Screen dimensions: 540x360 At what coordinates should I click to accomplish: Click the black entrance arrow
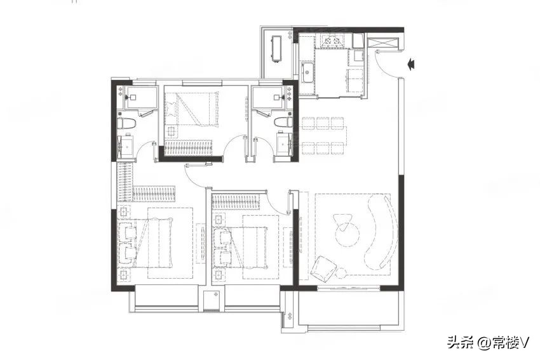point(411,64)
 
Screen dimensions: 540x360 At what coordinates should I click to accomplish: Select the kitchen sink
point(307,72)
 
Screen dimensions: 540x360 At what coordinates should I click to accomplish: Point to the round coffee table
point(347,234)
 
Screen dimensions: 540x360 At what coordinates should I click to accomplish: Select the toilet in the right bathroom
point(283,122)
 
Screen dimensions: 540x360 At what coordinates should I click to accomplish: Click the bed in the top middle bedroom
point(192,109)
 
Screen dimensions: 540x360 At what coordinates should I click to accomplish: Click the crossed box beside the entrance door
point(383,43)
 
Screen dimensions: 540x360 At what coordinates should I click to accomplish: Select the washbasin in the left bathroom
point(126,146)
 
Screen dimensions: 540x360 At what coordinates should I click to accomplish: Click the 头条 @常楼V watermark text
point(488,342)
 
